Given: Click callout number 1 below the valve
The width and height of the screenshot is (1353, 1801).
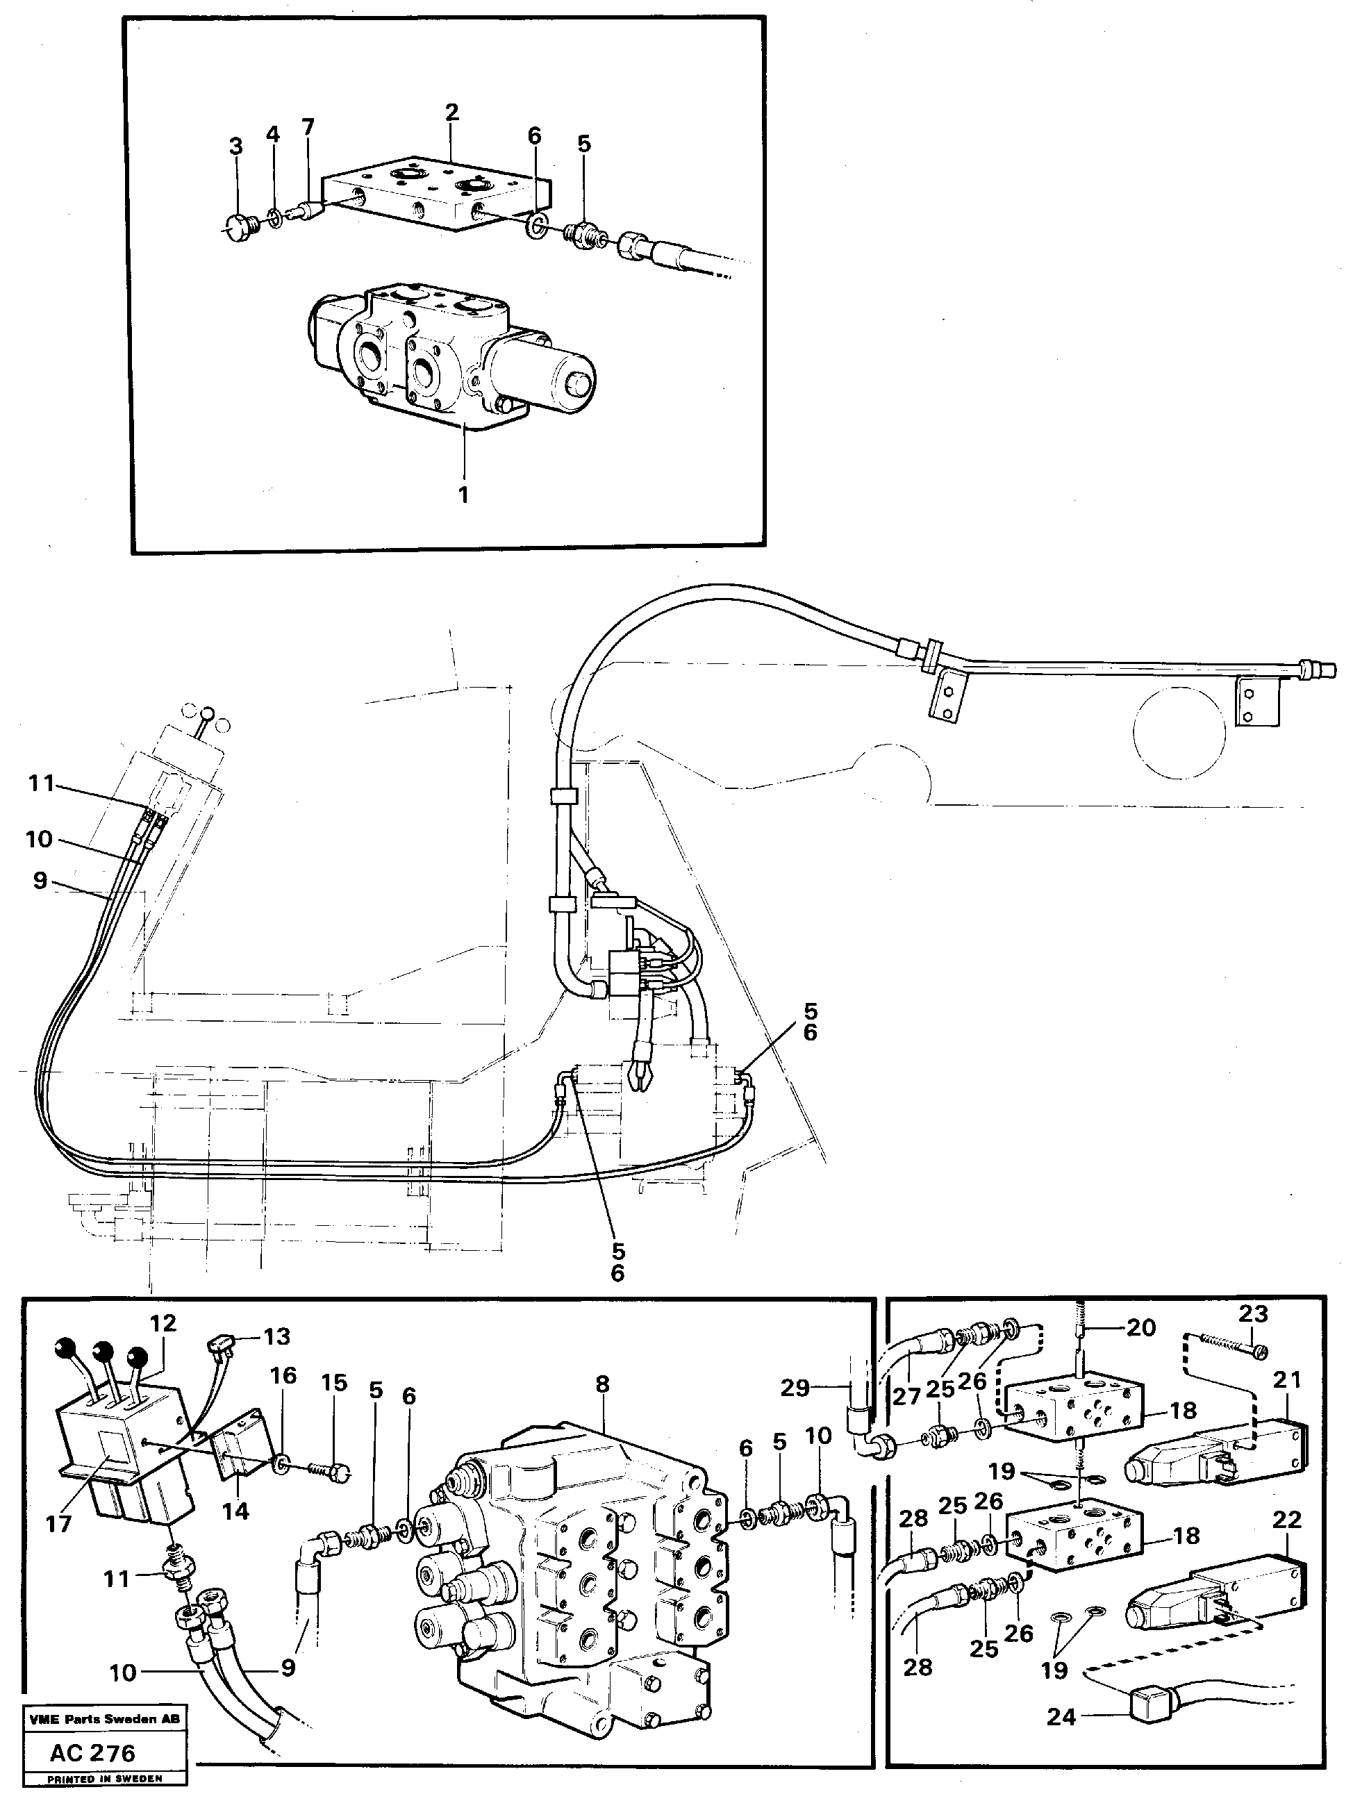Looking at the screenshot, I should [x=463, y=495].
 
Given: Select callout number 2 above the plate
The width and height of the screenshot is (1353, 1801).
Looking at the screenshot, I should [x=452, y=112].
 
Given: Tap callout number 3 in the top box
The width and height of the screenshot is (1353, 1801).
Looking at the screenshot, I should [x=235, y=147].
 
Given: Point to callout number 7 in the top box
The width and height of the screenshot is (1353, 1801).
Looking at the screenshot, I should [x=308, y=127].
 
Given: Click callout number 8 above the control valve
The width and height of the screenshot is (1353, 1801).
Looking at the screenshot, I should [x=601, y=1384].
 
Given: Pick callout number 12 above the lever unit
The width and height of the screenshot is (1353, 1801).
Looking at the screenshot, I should [x=163, y=1323].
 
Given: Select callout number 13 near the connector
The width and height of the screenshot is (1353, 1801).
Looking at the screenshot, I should [x=277, y=1337].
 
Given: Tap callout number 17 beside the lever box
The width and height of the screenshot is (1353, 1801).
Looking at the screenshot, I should [x=58, y=1522].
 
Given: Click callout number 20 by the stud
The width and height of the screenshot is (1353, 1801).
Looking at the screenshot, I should [x=1140, y=1328].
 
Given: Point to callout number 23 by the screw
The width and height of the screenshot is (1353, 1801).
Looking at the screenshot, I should [x=1254, y=1313].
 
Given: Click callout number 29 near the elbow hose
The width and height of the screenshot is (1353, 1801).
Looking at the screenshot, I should [x=795, y=1388].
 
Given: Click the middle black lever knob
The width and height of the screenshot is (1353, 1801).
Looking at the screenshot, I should [x=102, y=1352].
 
